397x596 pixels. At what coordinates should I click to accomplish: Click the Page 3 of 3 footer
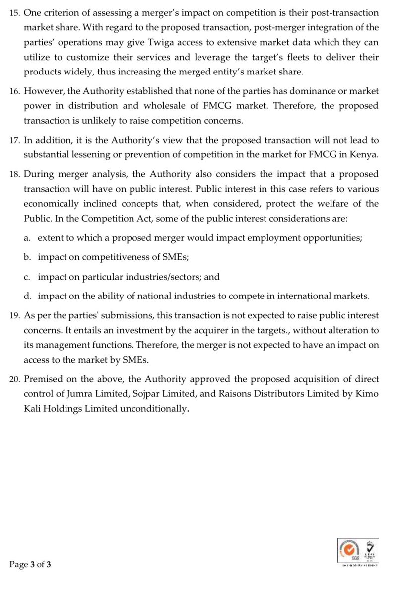pos(30,565)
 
